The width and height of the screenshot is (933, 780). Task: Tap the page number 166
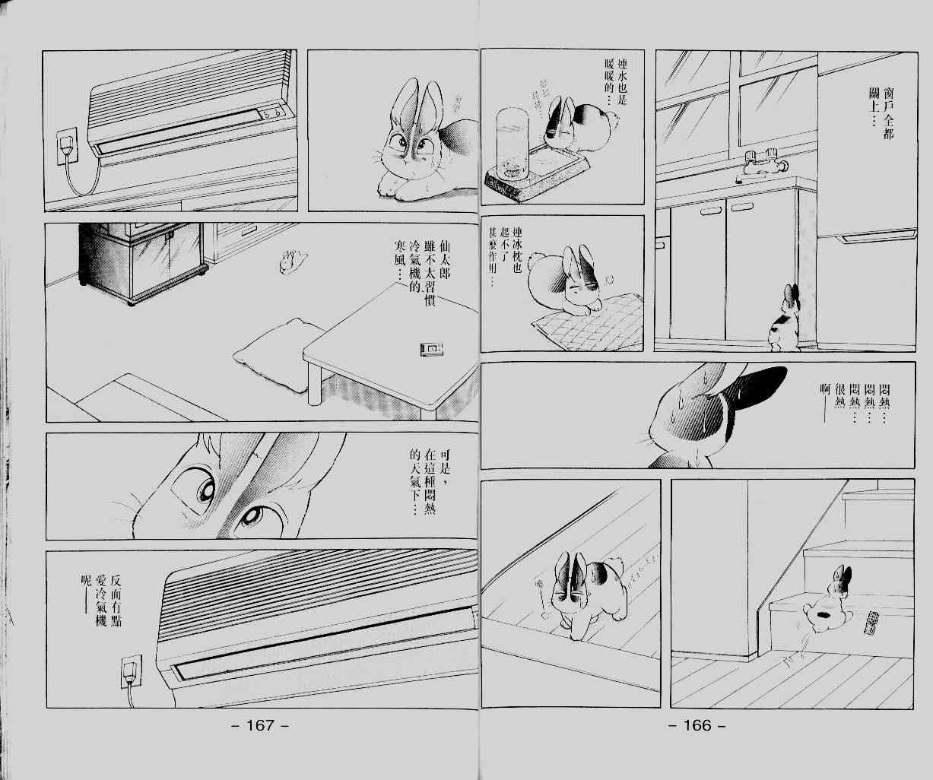click(697, 725)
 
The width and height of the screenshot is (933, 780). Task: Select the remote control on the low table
click(431, 349)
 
